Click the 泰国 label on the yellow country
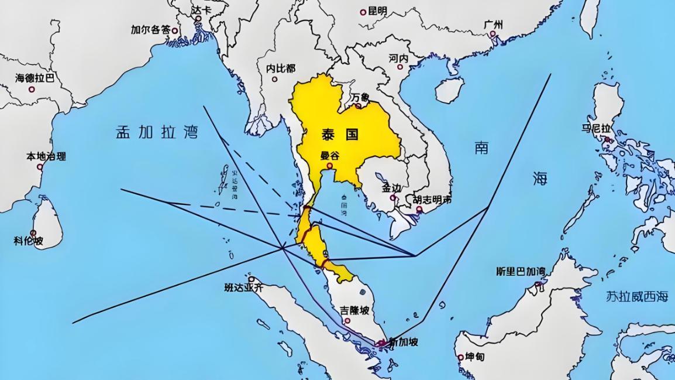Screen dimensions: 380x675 pos(339,134)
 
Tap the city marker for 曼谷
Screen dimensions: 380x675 pos(330,166)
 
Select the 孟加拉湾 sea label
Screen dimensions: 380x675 pos(156,132)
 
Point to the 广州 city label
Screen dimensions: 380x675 pos(494,25)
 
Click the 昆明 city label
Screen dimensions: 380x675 pos(377,11)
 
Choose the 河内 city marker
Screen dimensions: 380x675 pos(419,62)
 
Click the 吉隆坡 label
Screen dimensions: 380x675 pos(354,310)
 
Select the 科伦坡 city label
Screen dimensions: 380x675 pos(29,240)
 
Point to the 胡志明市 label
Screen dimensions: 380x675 pos(432,200)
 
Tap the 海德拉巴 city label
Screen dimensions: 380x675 pos(35,77)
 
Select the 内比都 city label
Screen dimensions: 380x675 pos(281,69)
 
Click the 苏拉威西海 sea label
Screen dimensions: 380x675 pos(637,296)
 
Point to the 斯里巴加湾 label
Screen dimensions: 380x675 pos(520,272)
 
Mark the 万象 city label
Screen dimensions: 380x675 pos(360,97)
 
